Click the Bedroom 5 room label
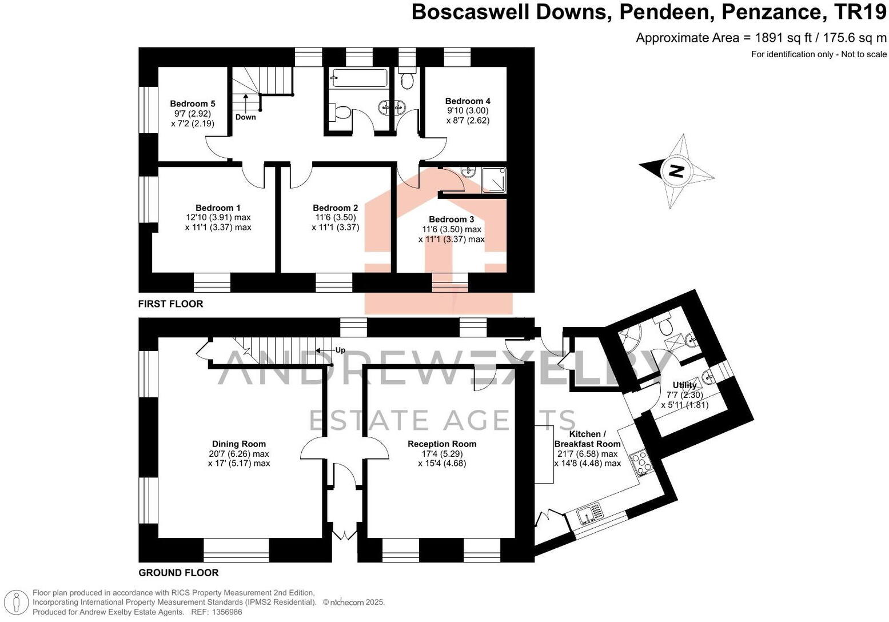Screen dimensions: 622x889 [193, 103]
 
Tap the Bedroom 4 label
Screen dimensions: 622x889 [468, 101]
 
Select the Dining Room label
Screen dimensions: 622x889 [239, 444]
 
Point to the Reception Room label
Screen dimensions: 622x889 [442, 444]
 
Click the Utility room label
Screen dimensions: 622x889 [684, 385]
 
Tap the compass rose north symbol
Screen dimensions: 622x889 [676, 171]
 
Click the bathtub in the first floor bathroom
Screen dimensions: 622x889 [360, 78]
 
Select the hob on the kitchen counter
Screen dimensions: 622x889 [640, 461]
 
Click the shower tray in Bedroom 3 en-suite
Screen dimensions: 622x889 [493, 180]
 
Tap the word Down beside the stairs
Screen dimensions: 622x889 [246, 117]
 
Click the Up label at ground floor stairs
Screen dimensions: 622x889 [340, 350]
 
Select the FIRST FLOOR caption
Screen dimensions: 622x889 [170, 304]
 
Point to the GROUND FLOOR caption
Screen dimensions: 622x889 [178, 572]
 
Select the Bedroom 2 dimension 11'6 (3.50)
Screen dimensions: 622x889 [335, 217]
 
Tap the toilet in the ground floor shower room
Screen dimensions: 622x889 [665, 326]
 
